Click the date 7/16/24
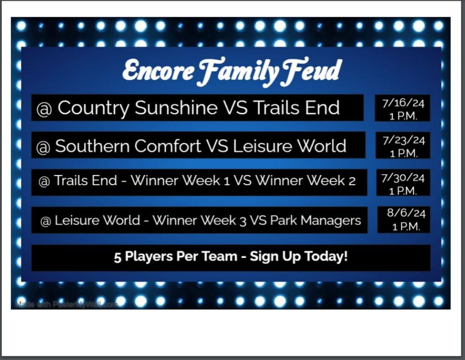[403, 103]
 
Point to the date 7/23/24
[404, 140]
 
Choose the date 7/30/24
[403, 178]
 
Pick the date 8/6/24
[406, 213]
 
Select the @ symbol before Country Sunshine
[44, 109]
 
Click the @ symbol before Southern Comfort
[43, 147]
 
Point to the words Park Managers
[316, 220]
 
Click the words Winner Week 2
[306, 180]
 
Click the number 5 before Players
[118, 257]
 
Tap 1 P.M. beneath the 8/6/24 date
[406, 227]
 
